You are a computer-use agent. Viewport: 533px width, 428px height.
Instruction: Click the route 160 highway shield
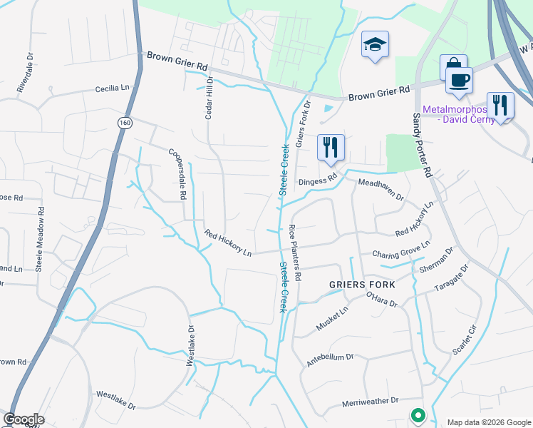[125, 123]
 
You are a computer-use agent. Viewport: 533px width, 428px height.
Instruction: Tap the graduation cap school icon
[375, 45]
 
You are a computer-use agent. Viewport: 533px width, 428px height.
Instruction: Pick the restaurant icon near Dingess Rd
[331, 147]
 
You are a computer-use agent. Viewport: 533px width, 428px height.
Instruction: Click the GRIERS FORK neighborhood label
[362, 284]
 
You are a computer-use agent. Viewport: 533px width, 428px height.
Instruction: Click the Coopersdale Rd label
[177, 173]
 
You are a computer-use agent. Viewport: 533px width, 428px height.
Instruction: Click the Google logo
[24, 419]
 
